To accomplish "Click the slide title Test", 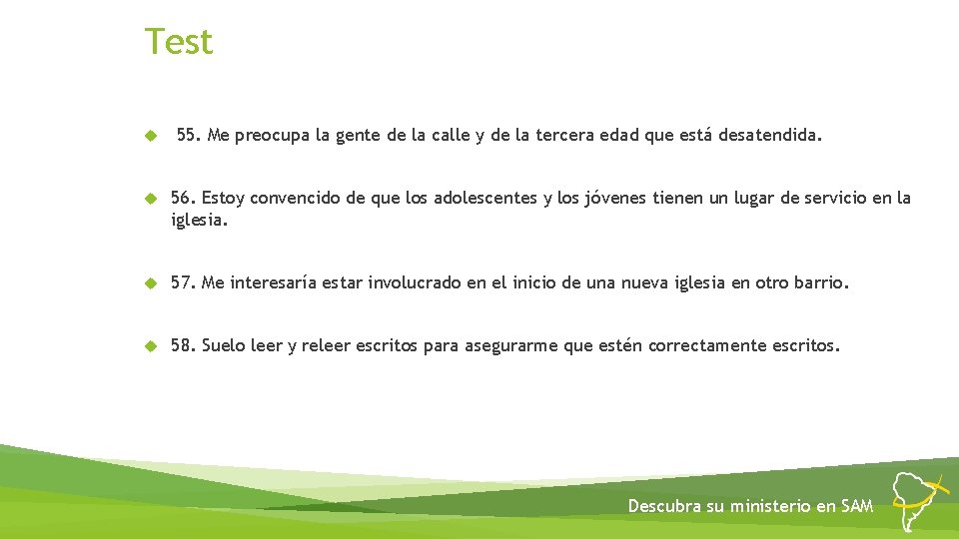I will point(179,42).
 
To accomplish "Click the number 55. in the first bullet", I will point(188,135).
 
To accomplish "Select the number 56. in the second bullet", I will point(183,198).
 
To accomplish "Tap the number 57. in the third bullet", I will point(183,283).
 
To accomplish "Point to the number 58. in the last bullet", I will point(183,346).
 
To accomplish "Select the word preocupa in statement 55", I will point(270,136).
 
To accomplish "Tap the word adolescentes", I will point(484,198).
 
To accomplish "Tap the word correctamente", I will point(707,346).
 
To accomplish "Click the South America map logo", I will point(918,499).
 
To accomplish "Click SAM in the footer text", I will point(857,506).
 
